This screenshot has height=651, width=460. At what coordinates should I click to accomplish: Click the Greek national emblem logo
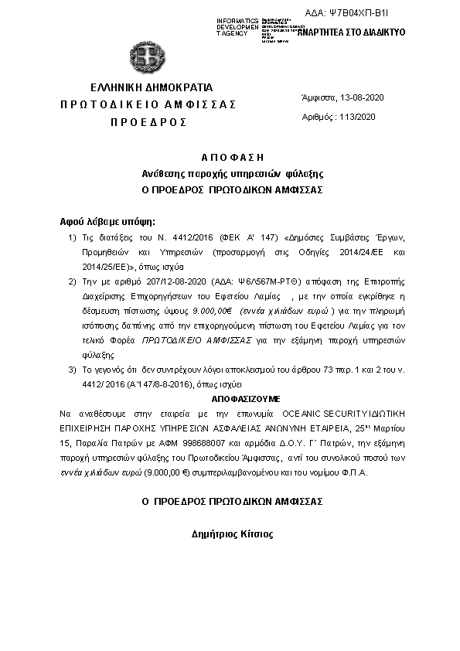(x=147, y=56)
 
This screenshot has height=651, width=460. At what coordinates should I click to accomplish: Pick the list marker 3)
(x=72, y=370)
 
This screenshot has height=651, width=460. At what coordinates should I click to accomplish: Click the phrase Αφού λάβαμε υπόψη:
(x=107, y=220)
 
